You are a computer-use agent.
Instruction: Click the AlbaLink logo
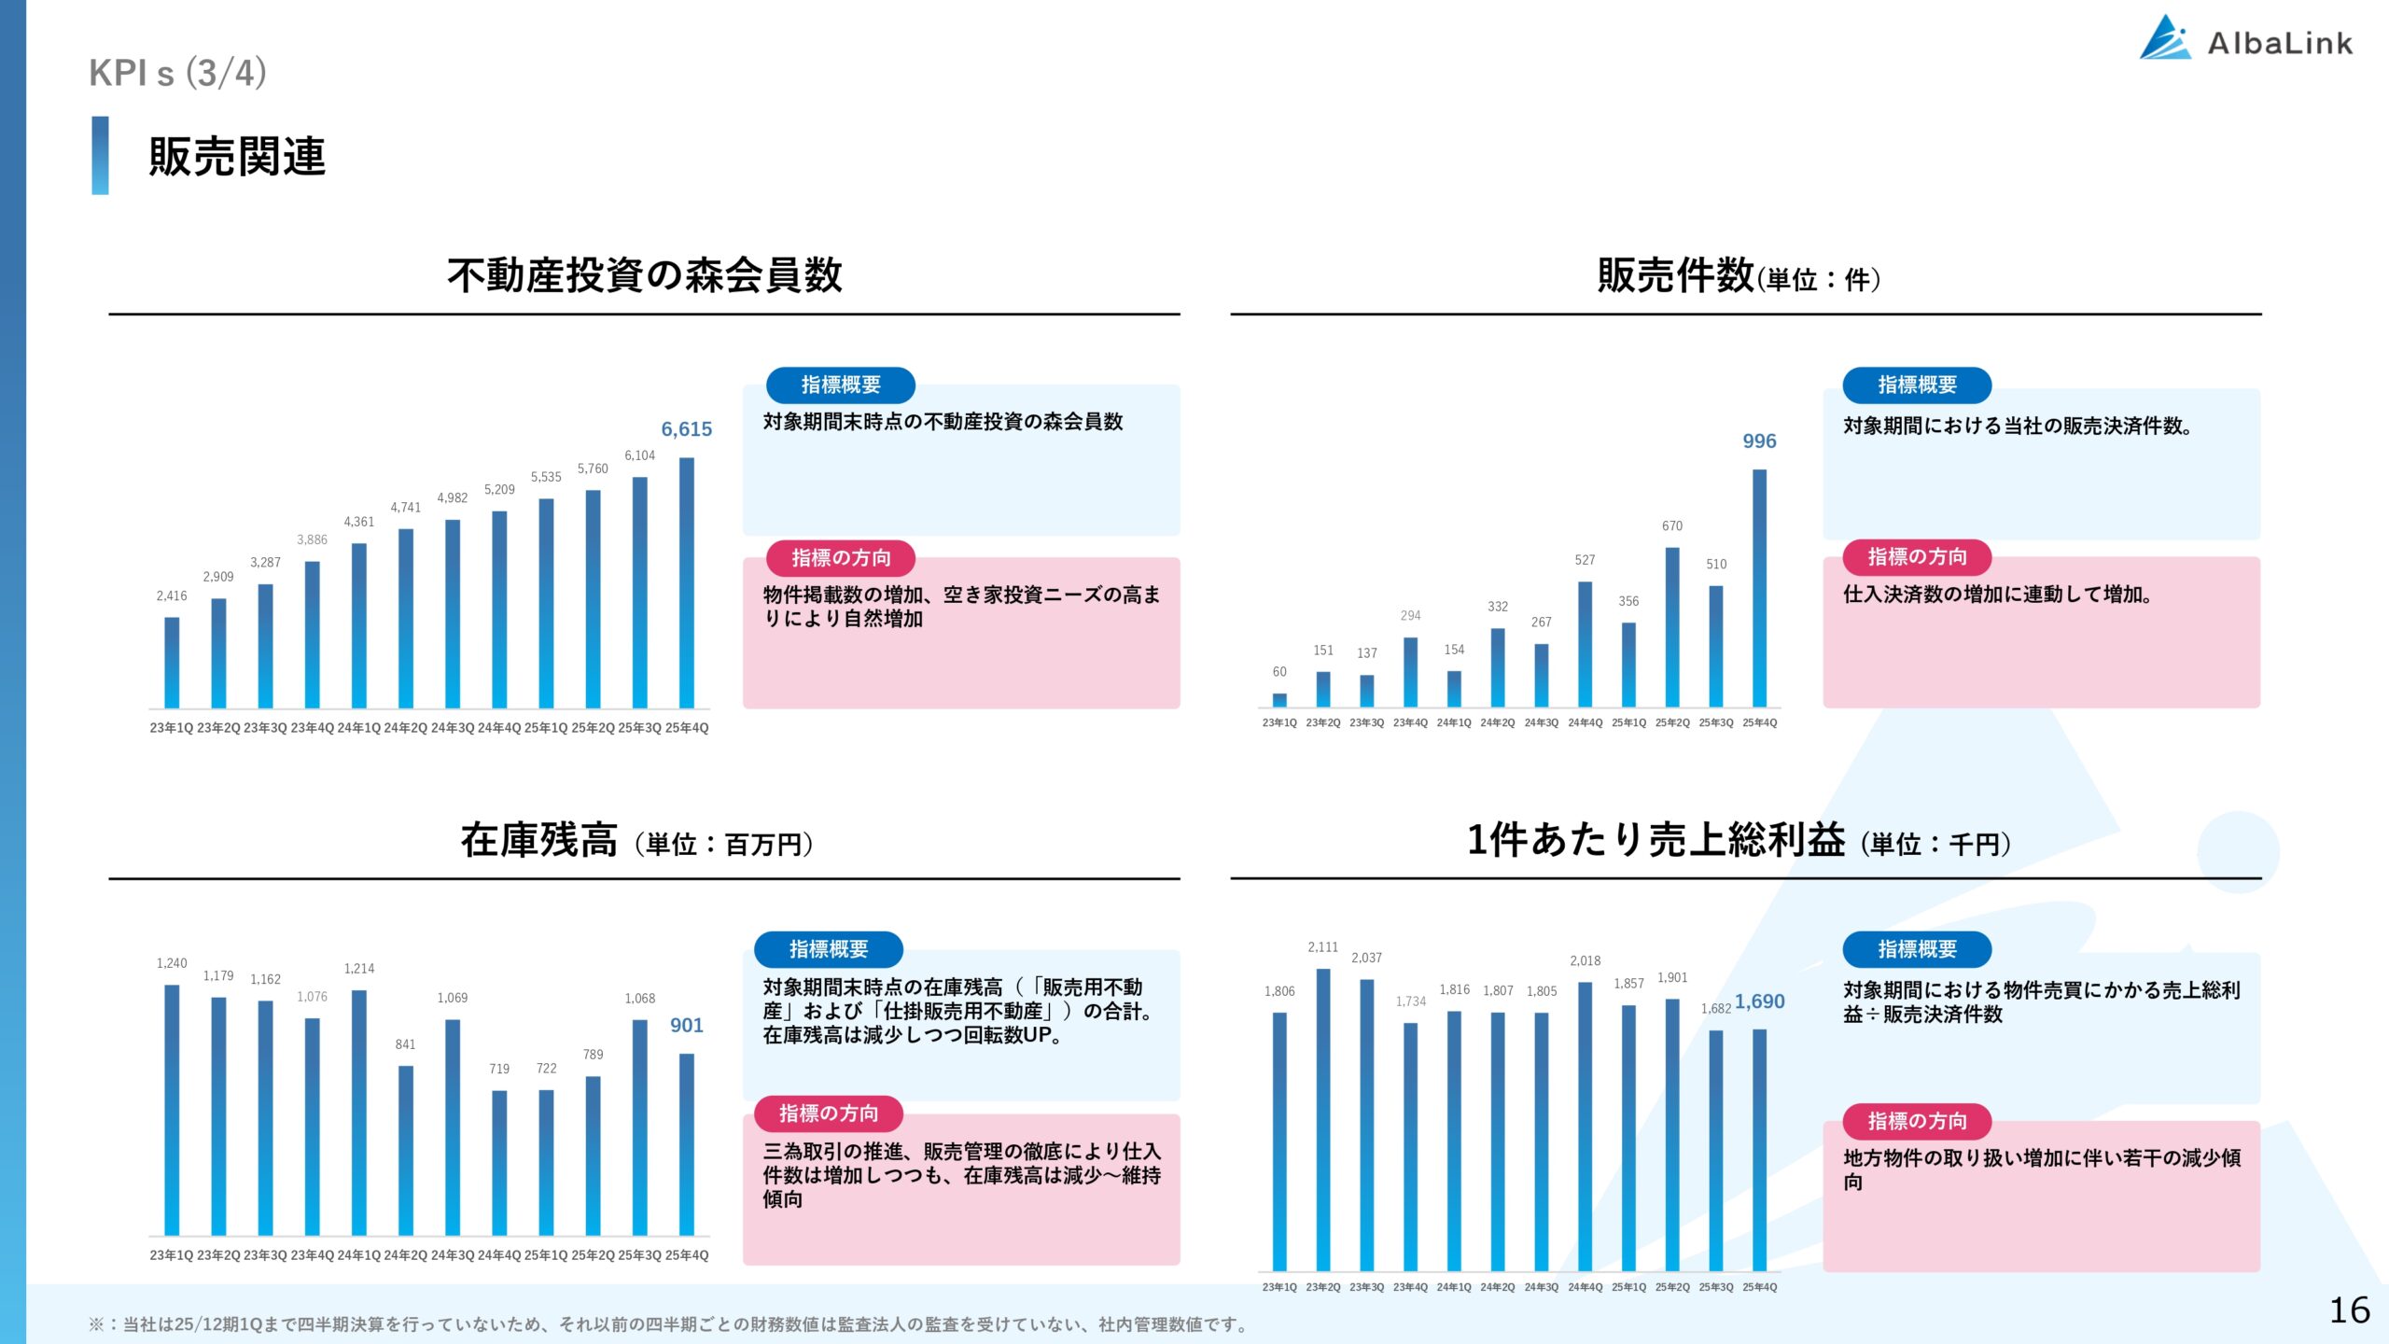2245,39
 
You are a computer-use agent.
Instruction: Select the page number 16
2349,1310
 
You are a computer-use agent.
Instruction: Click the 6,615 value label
686,429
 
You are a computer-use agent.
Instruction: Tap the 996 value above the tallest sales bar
1759,441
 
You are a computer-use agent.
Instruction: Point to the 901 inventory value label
686,1026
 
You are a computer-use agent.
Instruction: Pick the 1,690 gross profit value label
1759,1001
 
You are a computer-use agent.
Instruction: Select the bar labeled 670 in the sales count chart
1672,627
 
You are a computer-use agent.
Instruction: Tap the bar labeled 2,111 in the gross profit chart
1323,1120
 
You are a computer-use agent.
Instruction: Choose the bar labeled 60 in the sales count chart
1279,700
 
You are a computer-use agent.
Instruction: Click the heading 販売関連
237,156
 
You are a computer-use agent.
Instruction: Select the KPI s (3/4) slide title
177,73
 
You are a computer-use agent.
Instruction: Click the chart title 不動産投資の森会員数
644,275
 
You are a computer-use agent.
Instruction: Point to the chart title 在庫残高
539,840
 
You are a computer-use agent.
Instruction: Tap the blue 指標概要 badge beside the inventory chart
828,949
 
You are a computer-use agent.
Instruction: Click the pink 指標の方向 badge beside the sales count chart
1917,557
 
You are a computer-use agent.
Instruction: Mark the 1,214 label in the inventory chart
359,969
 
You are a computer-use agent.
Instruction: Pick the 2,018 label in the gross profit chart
1585,960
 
